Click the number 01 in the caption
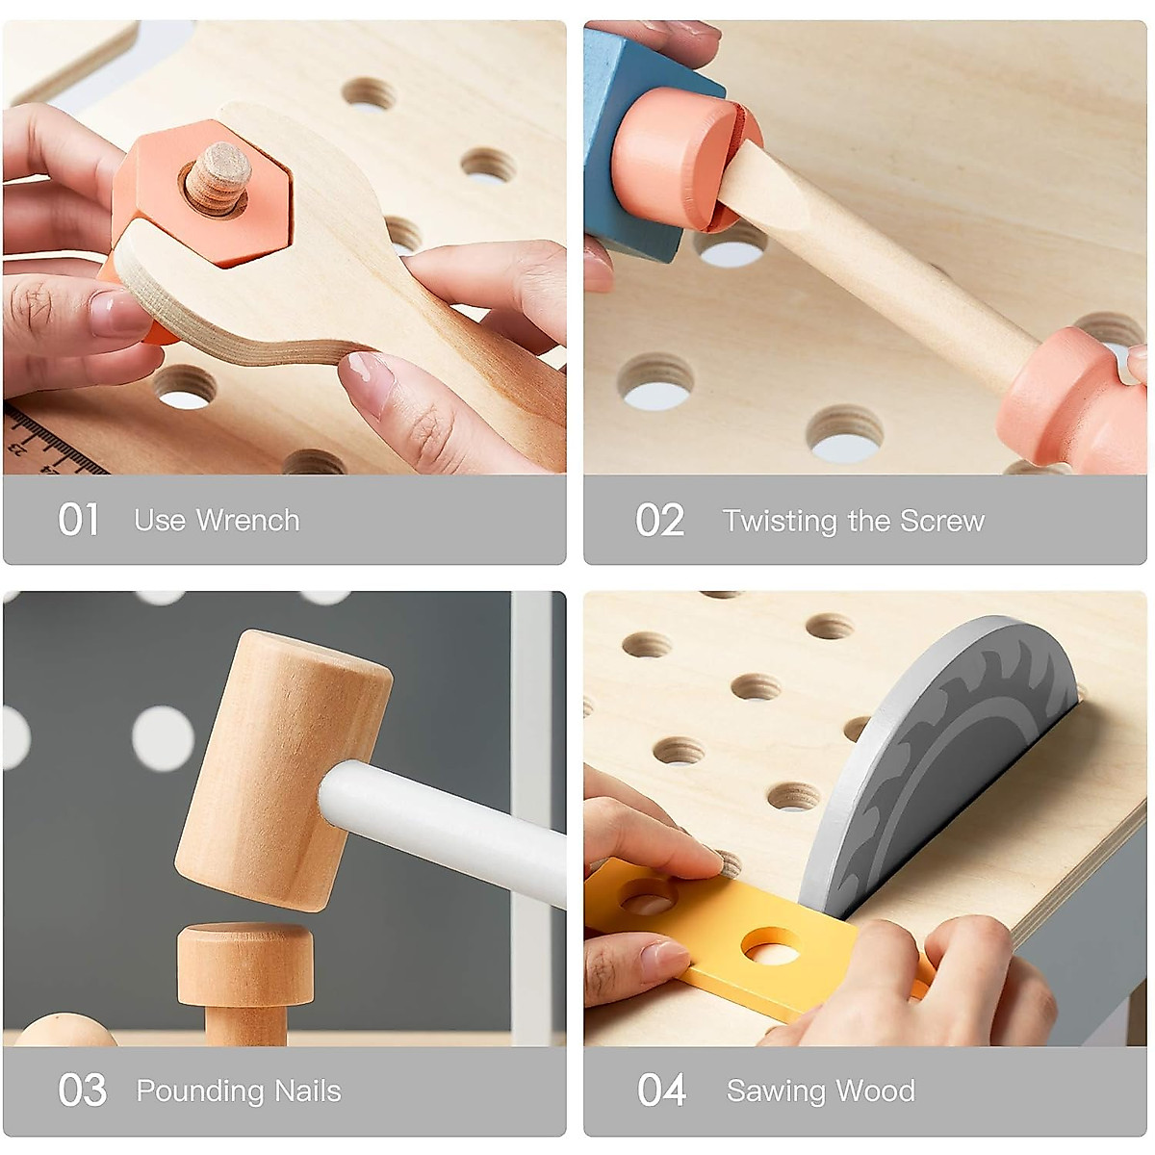click(x=78, y=520)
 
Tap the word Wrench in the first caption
click(x=247, y=521)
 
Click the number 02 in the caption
click(x=659, y=521)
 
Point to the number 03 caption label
click(x=82, y=1091)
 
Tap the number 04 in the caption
click(x=661, y=1091)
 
